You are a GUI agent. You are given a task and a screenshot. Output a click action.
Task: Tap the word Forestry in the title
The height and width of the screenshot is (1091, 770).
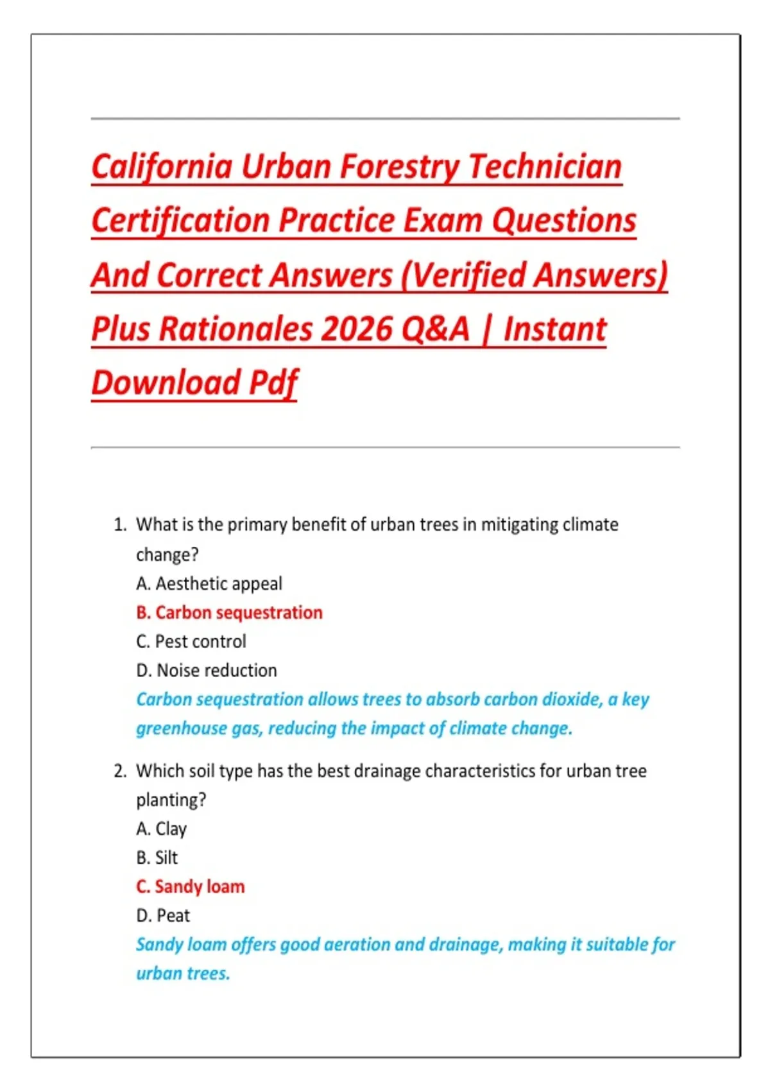399,167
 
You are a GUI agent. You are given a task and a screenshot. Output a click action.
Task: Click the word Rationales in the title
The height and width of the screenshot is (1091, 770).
235,329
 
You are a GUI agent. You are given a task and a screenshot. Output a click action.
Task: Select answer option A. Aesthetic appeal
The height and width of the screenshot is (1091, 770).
209,583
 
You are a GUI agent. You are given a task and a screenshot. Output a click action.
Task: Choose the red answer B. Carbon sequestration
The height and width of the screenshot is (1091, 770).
229,612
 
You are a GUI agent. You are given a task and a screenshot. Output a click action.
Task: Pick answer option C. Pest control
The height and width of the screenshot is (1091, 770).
191,641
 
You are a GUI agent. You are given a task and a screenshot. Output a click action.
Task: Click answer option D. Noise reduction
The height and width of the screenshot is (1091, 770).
207,670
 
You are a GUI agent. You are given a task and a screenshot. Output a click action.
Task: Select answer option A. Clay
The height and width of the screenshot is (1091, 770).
161,829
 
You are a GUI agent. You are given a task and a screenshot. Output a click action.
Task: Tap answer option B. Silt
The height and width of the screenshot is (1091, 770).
157,857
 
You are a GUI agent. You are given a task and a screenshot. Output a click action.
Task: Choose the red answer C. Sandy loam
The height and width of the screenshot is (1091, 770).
191,886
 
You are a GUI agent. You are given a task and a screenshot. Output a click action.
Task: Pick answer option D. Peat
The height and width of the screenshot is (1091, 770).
163,915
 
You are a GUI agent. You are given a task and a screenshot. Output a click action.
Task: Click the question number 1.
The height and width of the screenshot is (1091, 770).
119,525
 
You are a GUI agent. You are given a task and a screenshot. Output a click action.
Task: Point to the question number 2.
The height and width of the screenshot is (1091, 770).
119,771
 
